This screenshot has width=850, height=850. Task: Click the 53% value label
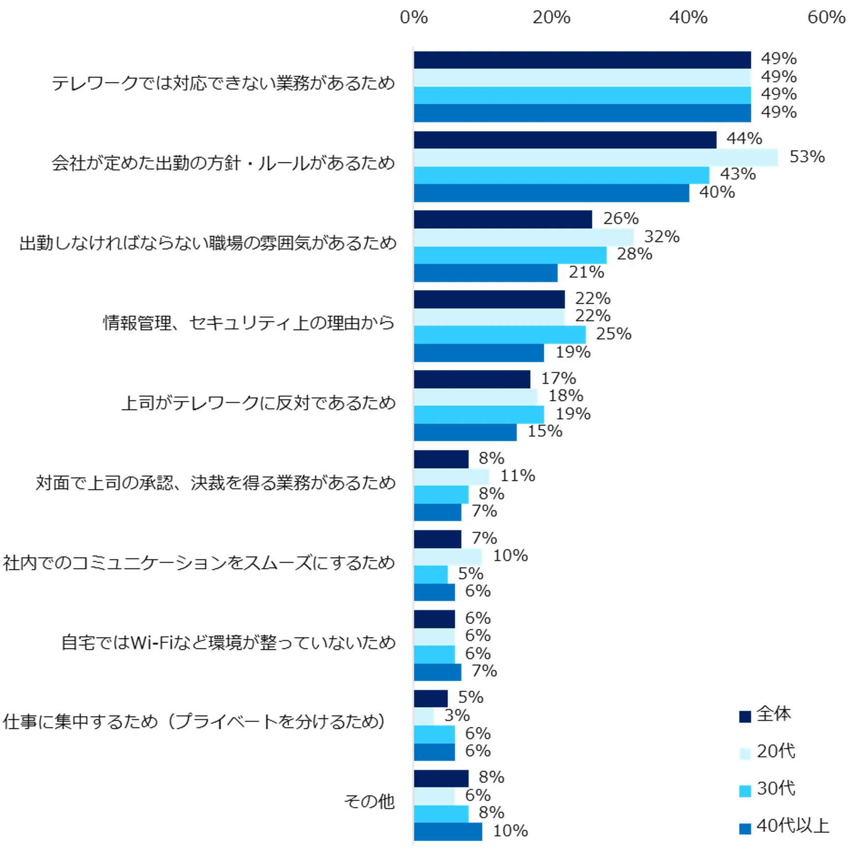pos(807,157)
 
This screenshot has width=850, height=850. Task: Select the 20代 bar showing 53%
pos(595,158)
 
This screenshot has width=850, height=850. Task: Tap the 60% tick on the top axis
pos(826,18)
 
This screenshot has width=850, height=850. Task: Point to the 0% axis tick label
pos(414,18)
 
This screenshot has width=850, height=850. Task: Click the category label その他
pos(369,801)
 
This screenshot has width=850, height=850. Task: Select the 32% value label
pos(662,237)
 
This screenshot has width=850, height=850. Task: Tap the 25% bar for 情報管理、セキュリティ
pos(500,335)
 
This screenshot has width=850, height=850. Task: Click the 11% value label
pos(517,476)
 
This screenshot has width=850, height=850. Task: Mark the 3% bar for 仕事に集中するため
pos(424,717)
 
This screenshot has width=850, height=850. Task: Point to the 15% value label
pos(545,431)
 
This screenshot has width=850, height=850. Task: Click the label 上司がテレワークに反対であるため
pos(258,403)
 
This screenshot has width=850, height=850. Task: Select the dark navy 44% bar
pos(565,140)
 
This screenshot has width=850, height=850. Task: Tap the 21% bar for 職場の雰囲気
pos(485,273)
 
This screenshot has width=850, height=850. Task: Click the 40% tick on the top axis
pos(689,18)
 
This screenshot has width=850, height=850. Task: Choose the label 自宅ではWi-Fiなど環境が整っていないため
pos(228,642)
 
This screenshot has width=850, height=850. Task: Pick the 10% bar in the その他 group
pos(448,831)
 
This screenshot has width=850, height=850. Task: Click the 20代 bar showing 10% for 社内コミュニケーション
pos(448,557)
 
